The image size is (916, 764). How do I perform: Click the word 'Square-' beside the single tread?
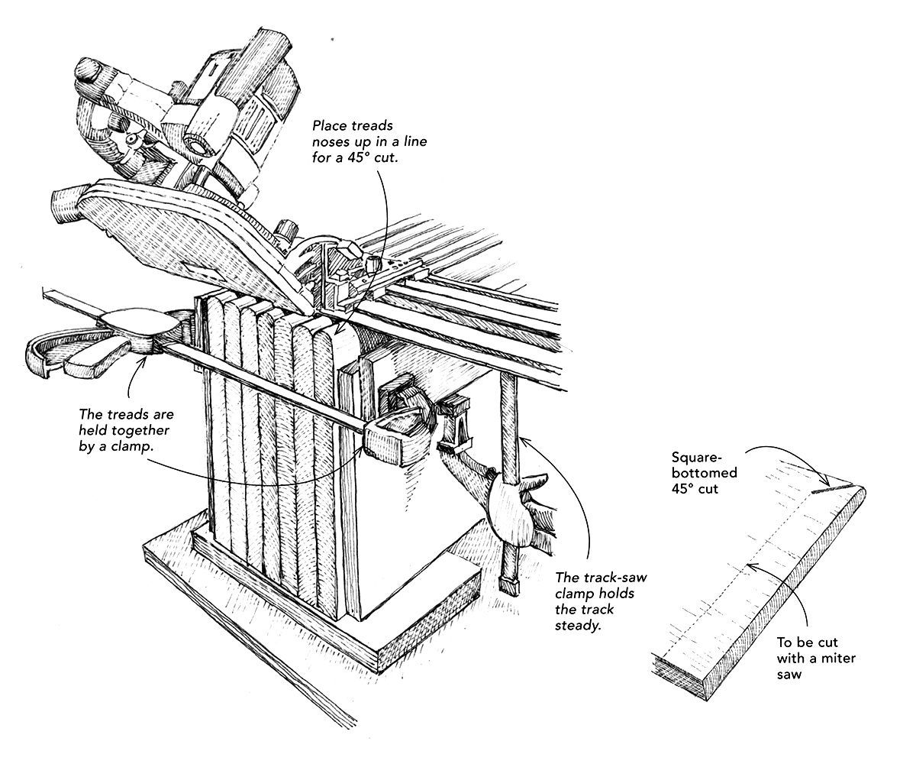click(696, 458)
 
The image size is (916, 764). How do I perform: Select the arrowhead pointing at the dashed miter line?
click(751, 566)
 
